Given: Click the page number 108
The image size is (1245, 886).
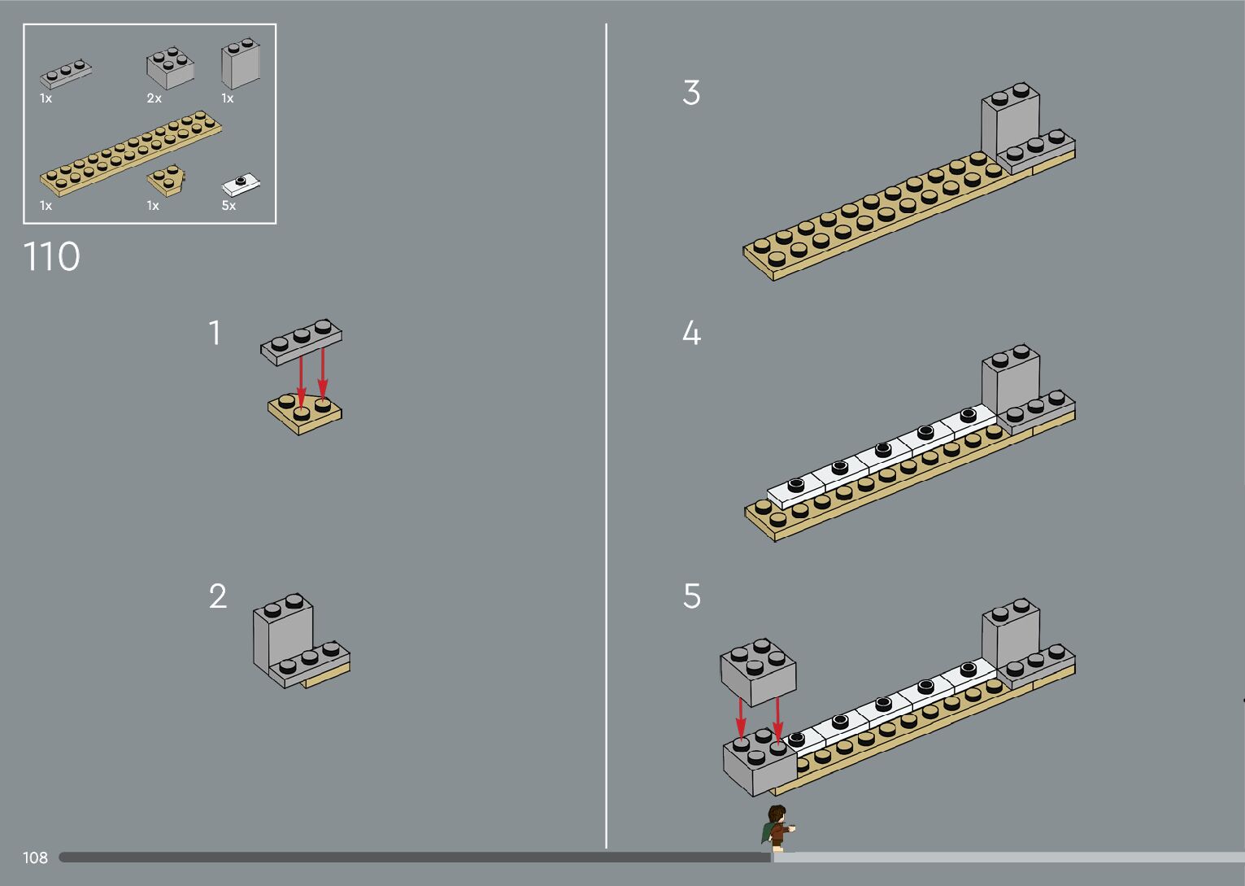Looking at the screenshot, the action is (35, 858).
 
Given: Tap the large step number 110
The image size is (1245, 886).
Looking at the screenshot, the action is (52, 256).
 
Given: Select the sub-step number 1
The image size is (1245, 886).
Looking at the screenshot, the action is (215, 333).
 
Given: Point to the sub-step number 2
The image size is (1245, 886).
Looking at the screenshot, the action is (218, 596).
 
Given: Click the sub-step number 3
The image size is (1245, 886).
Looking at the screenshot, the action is (691, 92).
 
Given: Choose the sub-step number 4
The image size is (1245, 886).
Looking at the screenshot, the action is (691, 333).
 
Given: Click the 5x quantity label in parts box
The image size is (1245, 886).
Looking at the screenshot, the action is (229, 205).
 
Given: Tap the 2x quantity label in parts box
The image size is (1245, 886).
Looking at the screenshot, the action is (154, 98).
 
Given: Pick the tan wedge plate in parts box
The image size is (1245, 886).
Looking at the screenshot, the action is (166, 180).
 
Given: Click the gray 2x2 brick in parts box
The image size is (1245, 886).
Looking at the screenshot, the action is (170, 68).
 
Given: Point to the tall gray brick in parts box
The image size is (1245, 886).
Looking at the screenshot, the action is (241, 63).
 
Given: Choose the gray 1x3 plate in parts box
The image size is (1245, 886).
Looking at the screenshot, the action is (66, 74).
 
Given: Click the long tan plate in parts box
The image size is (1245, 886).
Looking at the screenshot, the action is (131, 153).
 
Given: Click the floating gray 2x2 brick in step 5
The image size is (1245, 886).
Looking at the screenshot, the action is (758, 672).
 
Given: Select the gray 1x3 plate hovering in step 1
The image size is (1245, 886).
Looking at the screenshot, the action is (301, 342).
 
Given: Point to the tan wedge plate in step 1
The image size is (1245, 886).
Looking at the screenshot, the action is (305, 414).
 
